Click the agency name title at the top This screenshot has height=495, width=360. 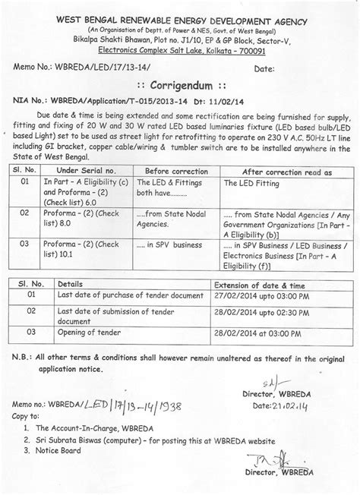click(180, 11)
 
